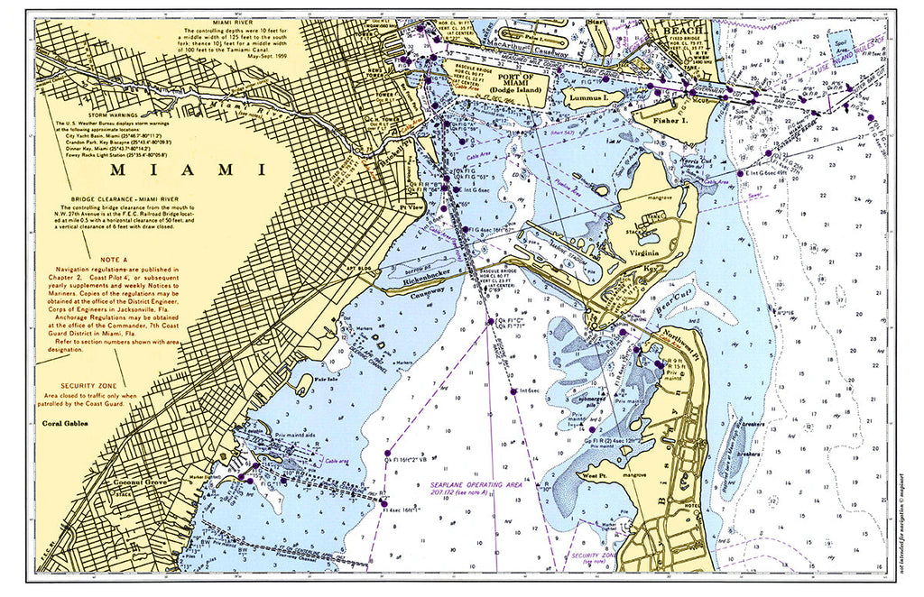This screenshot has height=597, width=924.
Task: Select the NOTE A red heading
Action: [117, 257]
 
